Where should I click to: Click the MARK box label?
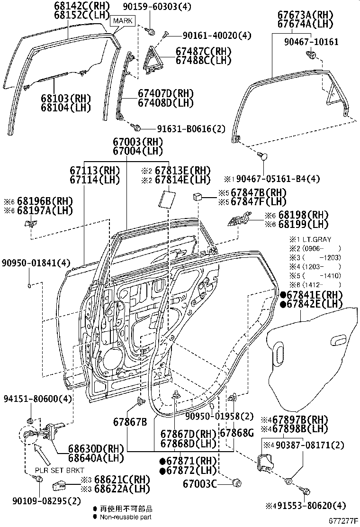pos(123,21)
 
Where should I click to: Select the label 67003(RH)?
pos(138,141)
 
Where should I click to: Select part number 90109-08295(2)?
pos(40,501)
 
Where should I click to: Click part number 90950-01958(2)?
pos(219,416)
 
